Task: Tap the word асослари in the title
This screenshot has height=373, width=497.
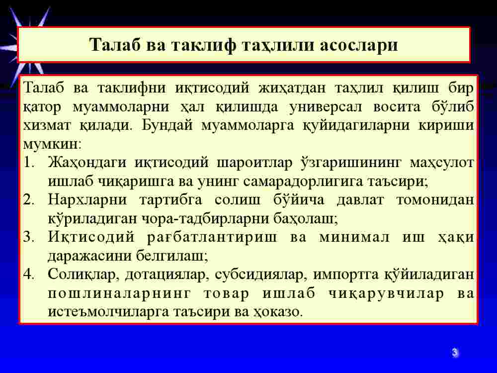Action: tap(358, 45)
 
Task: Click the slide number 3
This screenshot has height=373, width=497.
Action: tap(455, 353)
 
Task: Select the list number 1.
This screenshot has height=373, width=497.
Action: tap(29, 163)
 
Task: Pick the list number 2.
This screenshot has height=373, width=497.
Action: tap(29, 200)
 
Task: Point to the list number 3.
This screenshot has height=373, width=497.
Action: tap(29, 237)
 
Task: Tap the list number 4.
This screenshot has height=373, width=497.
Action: tap(29, 275)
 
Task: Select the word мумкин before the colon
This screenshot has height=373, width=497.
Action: tap(50, 145)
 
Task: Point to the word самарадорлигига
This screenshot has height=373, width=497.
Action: tap(303, 182)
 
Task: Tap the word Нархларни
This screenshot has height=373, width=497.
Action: tap(87, 200)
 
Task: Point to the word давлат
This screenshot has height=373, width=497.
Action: tap(360, 200)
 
